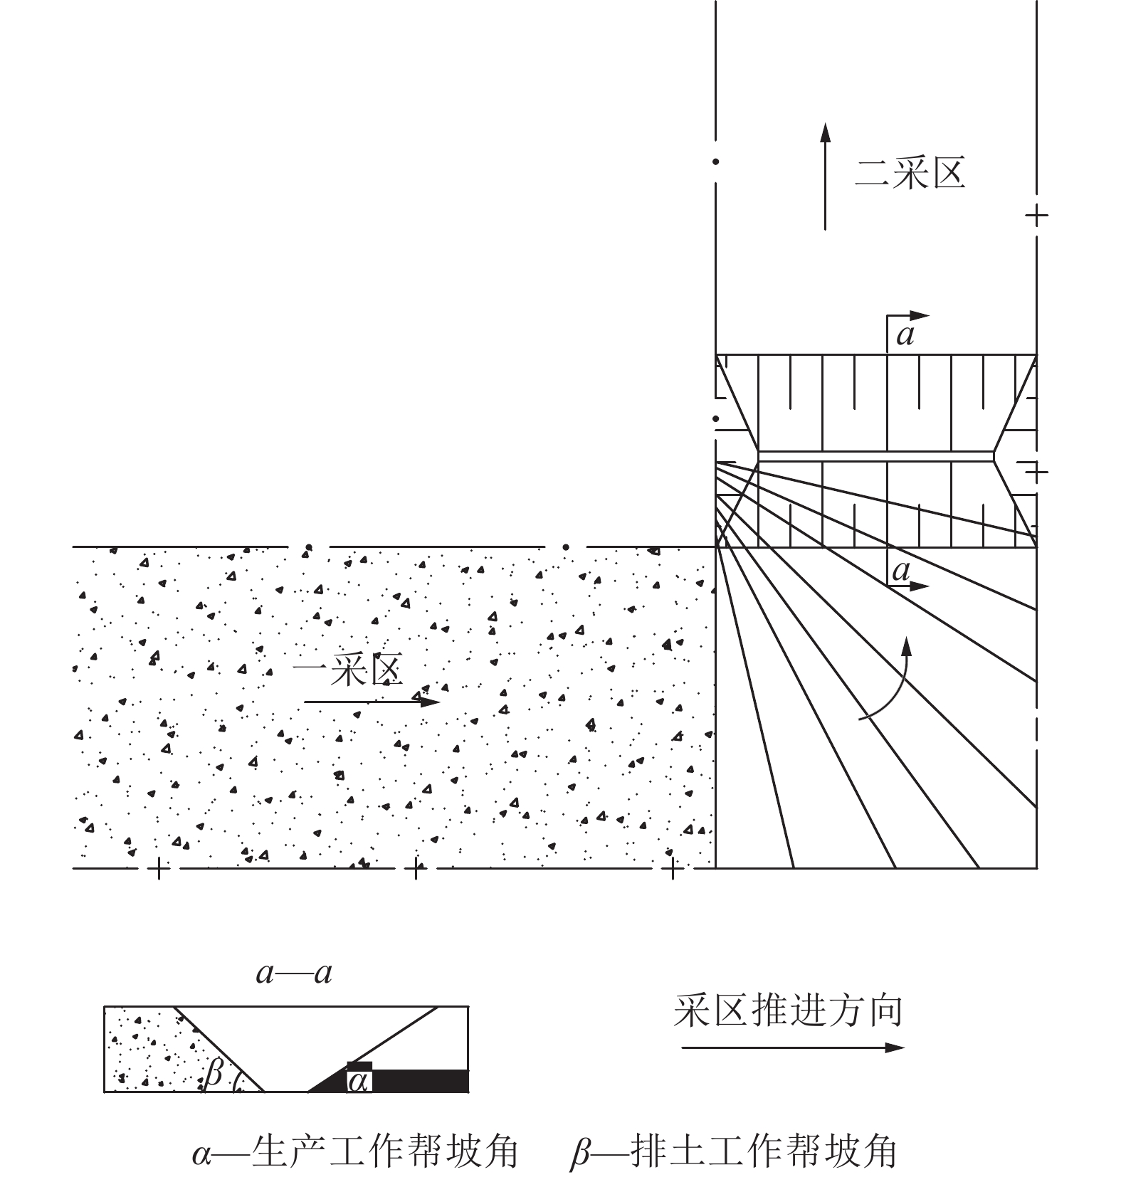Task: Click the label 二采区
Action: [x=910, y=174]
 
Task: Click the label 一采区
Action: [x=348, y=670]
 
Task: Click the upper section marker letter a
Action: [x=905, y=334]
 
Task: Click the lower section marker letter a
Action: [x=901, y=570]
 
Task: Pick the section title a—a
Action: [x=294, y=973]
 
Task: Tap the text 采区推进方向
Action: [x=788, y=1011]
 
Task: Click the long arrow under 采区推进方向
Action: [x=792, y=1047]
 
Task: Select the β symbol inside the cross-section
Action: [x=213, y=1072]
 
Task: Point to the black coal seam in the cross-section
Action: [x=420, y=1080]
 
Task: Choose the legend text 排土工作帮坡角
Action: [x=764, y=1151]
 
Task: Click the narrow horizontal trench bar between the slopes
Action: [x=875, y=456]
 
